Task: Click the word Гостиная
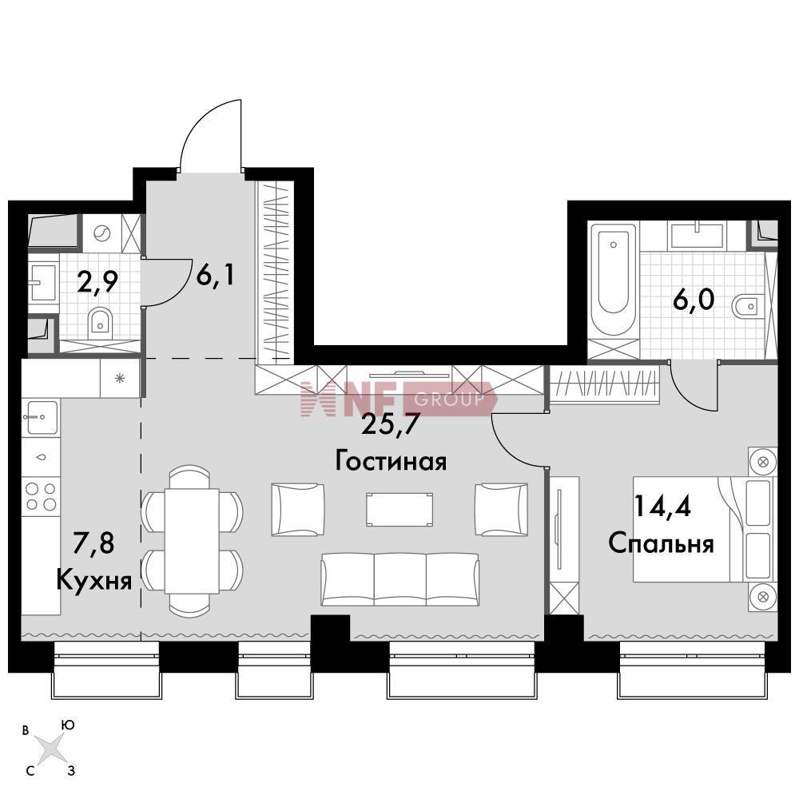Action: pyautogui.click(x=391, y=462)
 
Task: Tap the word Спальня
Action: pyautogui.click(x=661, y=543)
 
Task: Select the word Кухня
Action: pyautogui.click(x=94, y=579)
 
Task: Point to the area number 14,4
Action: pyautogui.click(x=662, y=507)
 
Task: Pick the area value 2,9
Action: pyautogui.click(x=97, y=282)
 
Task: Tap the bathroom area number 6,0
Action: pyautogui.click(x=694, y=300)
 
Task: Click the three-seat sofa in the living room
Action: pyautogui.click(x=400, y=579)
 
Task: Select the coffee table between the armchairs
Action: pyautogui.click(x=400, y=509)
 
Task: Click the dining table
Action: pyautogui.click(x=192, y=541)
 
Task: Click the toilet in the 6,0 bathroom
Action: pyautogui.click(x=747, y=306)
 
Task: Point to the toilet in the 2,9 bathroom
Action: pyautogui.click(x=99, y=322)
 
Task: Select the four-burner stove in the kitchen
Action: pyautogui.click(x=41, y=496)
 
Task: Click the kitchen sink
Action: pyautogui.click(x=41, y=417)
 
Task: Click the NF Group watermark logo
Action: pyautogui.click(x=399, y=399)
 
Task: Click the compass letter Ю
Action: pyautogui.click(x=67, y=725)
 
